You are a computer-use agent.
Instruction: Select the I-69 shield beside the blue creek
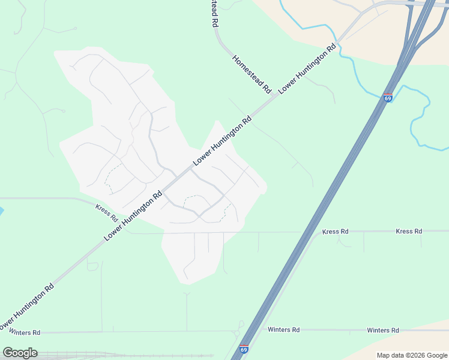(x=388, y=98)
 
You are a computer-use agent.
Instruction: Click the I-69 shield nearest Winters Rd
(x=244, y=349)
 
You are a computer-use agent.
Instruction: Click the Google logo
(x=20, y=353)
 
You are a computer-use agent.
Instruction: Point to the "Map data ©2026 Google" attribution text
(x=412, y=355)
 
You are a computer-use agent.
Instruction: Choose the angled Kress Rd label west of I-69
(x=107, y=211)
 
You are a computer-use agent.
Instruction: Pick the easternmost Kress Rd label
(x=409, y=231)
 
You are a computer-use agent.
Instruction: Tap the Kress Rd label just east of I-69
(x=335, y=231)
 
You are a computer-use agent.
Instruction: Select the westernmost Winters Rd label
(x=23, y=332)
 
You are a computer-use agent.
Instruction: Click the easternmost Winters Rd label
(x=382, y=330)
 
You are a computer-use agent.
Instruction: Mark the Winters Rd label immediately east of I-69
(x=283, y=330)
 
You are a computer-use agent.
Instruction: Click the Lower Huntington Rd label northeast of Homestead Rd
(x=306, y=67)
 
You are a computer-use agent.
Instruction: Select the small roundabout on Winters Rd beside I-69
(x=239, y=332)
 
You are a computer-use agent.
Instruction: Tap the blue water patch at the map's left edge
(x=1, y=211)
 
